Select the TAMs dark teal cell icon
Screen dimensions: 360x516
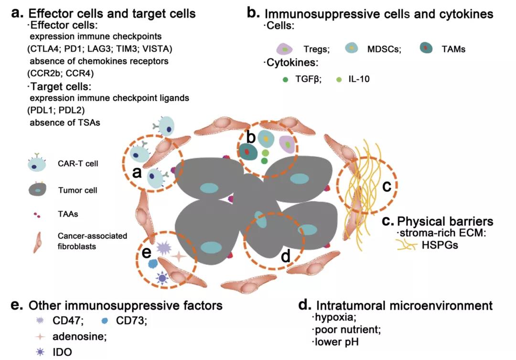[x=426, y=48]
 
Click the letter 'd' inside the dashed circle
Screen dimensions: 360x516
[x=285, y=256]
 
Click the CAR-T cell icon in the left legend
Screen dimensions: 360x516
[x=37, y=164]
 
